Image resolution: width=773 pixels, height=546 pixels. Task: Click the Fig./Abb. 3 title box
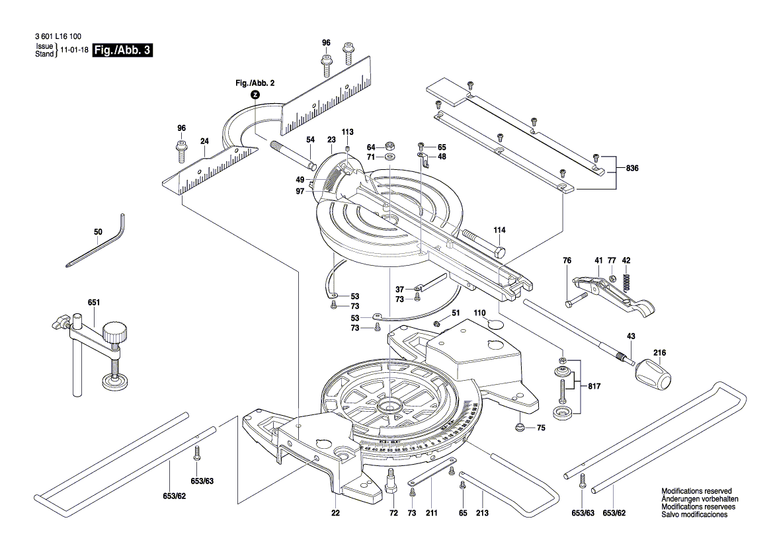coord(123,50)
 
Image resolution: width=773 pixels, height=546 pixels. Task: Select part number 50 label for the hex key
coord(99,232)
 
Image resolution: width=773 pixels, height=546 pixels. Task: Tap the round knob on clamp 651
coord(117,334)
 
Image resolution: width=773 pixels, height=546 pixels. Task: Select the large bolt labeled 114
coord(481,244)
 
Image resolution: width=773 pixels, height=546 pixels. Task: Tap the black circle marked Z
coord(255,95)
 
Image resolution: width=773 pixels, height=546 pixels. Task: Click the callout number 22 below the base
coord(336,514)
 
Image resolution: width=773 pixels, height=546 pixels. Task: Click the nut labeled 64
coord(389,147)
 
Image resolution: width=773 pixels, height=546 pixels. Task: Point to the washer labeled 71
coord(389,157)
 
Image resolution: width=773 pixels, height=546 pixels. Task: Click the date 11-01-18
coord(74,50)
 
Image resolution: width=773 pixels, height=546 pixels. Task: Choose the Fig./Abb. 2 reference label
coord(255,83)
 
